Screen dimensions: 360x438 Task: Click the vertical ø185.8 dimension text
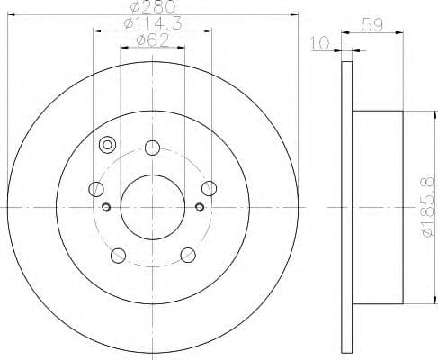click(425, 206)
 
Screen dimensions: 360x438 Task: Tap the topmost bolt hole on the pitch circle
click(152, 148)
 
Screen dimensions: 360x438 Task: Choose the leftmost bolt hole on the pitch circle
click(96, 189)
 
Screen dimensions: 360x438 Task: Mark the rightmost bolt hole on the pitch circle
click(209, 188)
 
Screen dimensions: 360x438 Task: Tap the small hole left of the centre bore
click(107, 208)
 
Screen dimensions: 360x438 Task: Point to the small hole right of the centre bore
click(198, 208)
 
